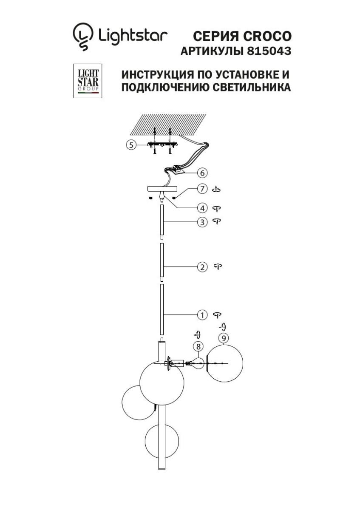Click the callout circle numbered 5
point(131,145)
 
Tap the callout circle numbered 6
point(202,173)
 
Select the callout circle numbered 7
point(202,189)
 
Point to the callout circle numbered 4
point(202,208)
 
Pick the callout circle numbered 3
point(202,222)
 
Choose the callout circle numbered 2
point(202,267)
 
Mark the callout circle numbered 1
point(202,315)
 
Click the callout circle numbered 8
point(198,346)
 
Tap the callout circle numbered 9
point(224,338)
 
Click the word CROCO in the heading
point(267,36)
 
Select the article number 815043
point(269,51)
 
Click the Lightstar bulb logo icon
point(82,37)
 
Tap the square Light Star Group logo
point(88,81)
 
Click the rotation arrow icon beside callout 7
point(216,189)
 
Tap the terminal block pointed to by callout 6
point(178,170)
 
